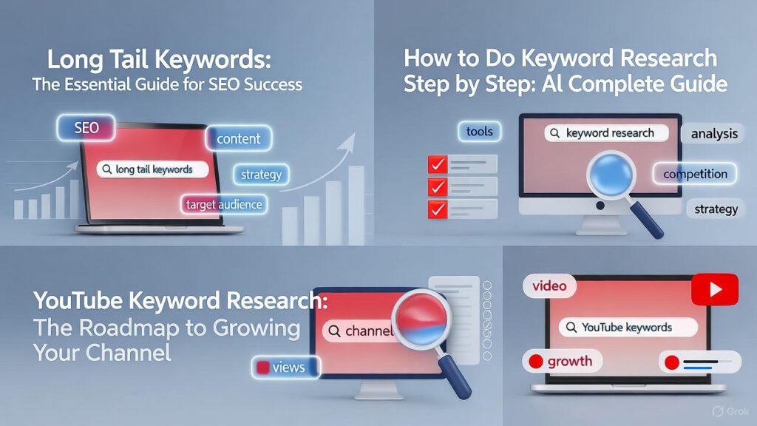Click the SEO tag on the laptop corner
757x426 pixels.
coord(86,129)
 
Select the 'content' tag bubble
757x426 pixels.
coord(238,138)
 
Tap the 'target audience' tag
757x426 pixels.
coord(224,203)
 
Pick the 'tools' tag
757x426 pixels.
coord(479,132)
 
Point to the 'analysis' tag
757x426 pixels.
coord(714,134)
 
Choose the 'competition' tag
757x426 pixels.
coord(695,174)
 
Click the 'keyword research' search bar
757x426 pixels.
coord(606,133)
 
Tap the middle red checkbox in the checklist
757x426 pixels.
coord(438,186)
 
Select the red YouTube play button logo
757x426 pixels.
coord(714,288)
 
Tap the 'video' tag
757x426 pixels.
coord(549,286)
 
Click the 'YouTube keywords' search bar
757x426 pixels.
coord(627,327)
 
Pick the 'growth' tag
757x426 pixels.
coord(561,362)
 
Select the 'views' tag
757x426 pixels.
coord(285,367)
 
